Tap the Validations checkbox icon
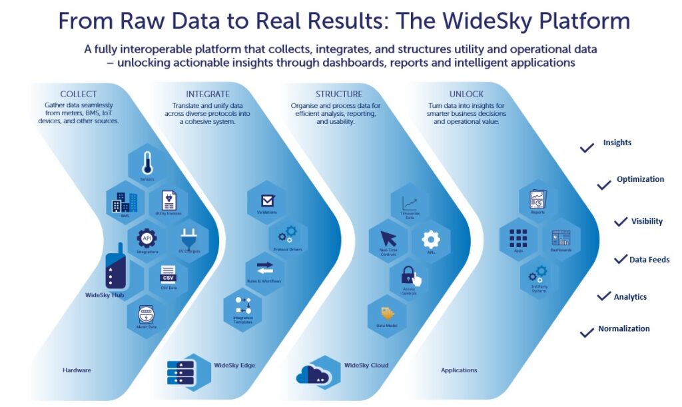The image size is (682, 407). [x=268, y=200]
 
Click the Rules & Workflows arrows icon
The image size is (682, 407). [x=265, y=267]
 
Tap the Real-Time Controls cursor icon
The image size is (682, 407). [x=388, y=238]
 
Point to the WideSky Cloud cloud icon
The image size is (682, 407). [x=314, y=373]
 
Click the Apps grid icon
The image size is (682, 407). [x=517, y=237]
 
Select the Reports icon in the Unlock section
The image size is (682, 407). [x=537, y=199]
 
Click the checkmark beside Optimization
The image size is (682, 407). [x=604, y=185]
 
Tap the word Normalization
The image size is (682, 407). [x=623, y=328]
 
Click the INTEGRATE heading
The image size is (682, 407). [x=208, y=94]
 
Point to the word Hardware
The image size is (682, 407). [x=77, y=370]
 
